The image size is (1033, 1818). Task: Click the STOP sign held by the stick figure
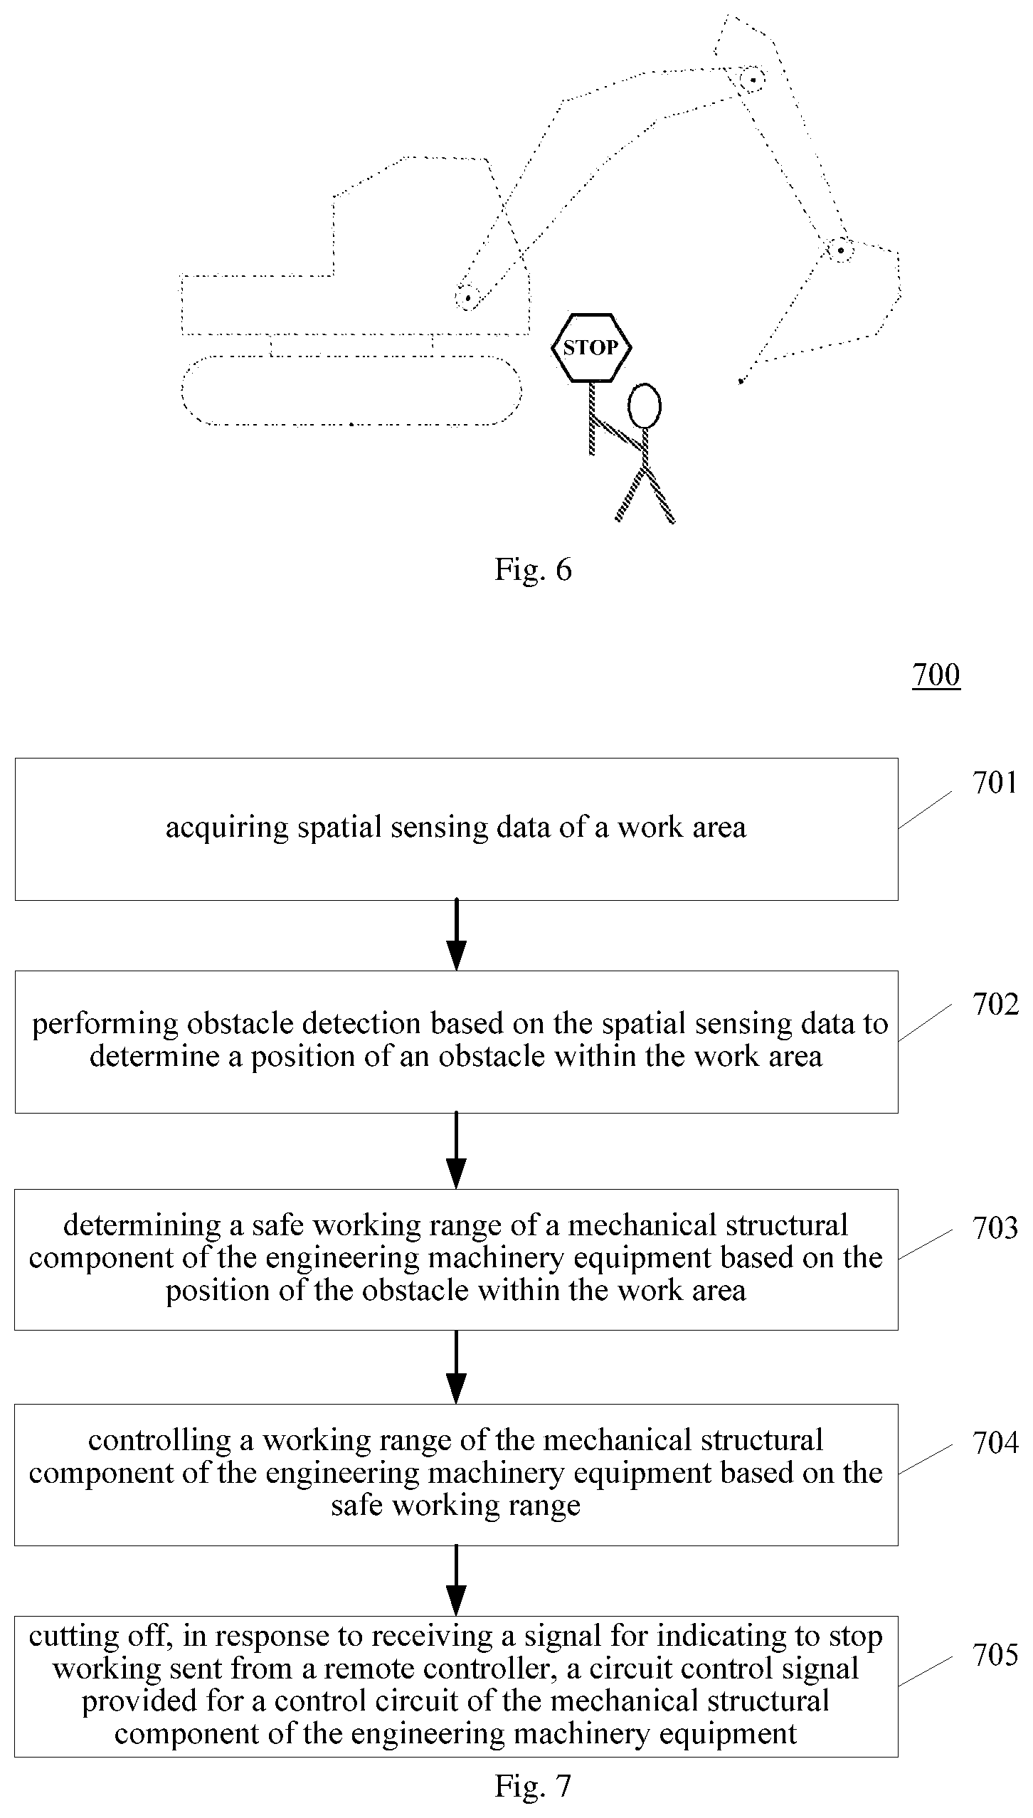tap(591, 348)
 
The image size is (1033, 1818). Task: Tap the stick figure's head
tap(645, 406)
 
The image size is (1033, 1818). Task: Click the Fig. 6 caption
tap(533, 570)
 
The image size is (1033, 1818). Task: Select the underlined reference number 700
tap(936, 675)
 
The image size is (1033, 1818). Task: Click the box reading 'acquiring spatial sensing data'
tap(456, 829)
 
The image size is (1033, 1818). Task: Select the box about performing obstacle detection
tap(456, 1042)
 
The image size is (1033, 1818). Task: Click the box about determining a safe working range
tap(456, 1259)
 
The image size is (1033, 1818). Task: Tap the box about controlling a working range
tap(456, 1474)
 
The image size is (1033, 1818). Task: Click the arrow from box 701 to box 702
tap(456, 935)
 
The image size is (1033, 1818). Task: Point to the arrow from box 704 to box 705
tap(456, 1580)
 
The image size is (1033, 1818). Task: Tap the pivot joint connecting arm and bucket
tap(840, 250)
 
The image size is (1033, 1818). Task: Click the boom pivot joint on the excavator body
tap(467, 297)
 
